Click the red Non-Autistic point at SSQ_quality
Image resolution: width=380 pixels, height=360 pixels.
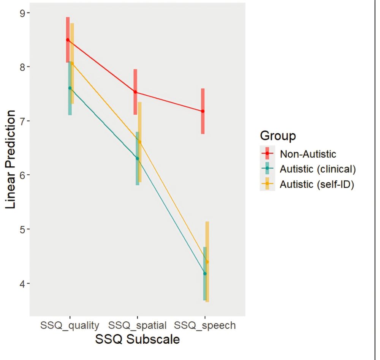[68, 40]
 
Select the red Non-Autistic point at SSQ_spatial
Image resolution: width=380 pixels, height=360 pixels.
[135, 92]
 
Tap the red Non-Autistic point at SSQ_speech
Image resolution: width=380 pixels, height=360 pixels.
[203, 111]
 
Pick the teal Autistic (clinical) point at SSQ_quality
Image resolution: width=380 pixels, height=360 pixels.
[70, 88]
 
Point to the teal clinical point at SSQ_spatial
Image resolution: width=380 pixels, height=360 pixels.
[138, 158]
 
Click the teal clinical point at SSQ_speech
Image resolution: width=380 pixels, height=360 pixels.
[205, 273]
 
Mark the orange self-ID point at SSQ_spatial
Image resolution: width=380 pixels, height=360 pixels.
[139, 142]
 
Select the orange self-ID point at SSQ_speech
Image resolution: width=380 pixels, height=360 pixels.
[207, 262]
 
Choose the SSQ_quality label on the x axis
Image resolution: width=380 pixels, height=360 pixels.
[70, 325]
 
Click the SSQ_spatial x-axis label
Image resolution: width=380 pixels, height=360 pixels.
[137, 325]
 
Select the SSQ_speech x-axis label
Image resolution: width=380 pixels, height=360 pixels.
[205, 325]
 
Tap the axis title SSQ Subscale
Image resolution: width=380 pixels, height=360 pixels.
[137, 339]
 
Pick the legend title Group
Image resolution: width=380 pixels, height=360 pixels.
[278, 136]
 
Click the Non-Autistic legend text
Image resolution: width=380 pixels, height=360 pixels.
[308, 154]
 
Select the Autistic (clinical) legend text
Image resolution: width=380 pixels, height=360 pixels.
[318, 169]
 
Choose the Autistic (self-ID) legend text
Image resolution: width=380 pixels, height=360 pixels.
[317, 185]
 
